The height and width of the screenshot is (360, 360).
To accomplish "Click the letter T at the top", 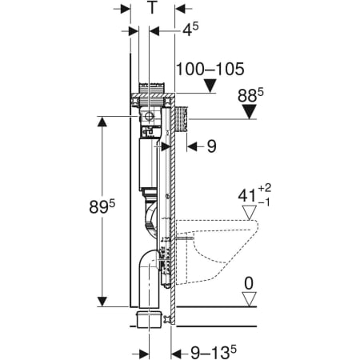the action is coord(152,7).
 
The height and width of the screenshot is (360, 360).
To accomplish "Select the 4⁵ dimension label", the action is coord(190,29).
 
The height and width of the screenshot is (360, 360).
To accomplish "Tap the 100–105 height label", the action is coord(210,69).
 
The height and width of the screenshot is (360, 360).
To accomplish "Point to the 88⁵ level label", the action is coord(250,95).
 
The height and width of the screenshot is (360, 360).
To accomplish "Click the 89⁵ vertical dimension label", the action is coord(102,206).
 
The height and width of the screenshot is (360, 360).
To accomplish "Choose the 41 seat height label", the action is coord(254,195).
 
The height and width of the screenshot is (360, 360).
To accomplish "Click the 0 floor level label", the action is coord(249,283).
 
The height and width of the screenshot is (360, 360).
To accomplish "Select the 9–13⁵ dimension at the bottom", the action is coord(214,353).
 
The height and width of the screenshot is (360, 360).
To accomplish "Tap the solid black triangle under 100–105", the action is coord(210,86).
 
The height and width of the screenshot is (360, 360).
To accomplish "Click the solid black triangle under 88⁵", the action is coord(249,112).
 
